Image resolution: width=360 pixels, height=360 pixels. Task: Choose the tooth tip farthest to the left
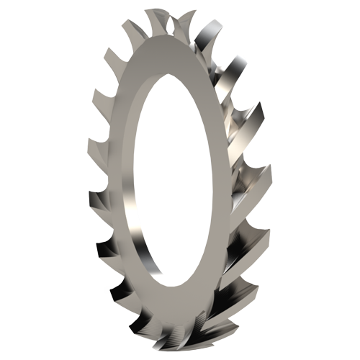tap(90, 194)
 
